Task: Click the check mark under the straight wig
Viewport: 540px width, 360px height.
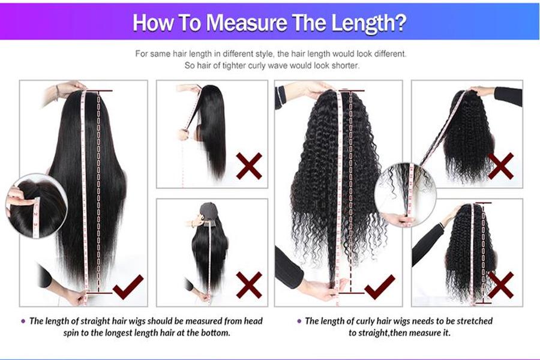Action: (x=128, y=287)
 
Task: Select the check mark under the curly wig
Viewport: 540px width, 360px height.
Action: (x=379, y=287)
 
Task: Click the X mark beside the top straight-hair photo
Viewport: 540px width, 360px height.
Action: (x=248, y=165)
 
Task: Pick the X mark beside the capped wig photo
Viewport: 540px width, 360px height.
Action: (x=248, y=284)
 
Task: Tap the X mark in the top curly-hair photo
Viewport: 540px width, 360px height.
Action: (x=500, y=165)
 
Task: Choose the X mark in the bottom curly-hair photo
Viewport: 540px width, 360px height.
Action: (x=500, y=284)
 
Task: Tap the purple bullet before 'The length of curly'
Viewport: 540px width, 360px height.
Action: (x=299, y=321)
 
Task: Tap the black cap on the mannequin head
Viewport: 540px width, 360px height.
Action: (x=209, y=211)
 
